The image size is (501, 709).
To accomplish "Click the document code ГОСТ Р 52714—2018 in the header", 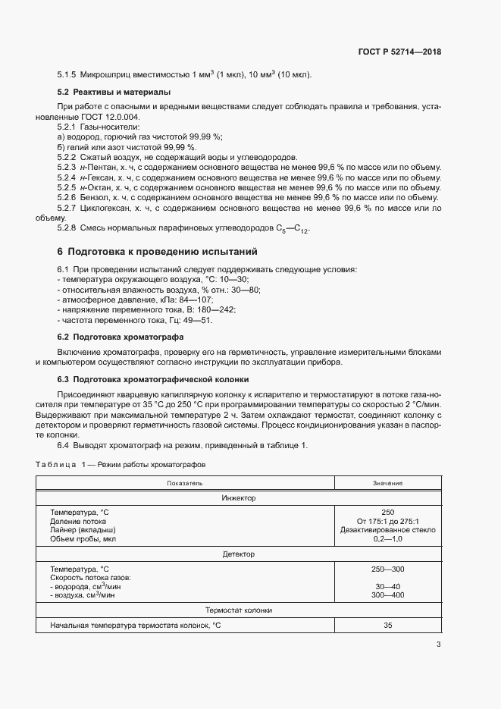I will coord(399,52).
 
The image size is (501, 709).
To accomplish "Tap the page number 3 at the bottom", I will coord(438,645).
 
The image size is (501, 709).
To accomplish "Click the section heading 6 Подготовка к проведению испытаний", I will coord(158,251).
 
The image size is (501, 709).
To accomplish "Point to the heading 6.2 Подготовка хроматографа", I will coord(121,336).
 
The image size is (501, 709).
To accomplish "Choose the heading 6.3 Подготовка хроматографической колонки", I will coord(155,378).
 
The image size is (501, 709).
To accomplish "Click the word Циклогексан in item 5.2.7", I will coord(107,207).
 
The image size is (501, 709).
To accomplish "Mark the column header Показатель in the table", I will coord(185,483).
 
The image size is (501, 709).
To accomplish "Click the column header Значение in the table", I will coord(387,483).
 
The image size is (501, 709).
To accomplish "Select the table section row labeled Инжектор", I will coord(239,498).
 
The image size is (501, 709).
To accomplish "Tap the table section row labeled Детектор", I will coord(239,554).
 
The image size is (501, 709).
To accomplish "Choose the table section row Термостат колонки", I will coord(239,610).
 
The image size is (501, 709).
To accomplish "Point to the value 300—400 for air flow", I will coord(387,595).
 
